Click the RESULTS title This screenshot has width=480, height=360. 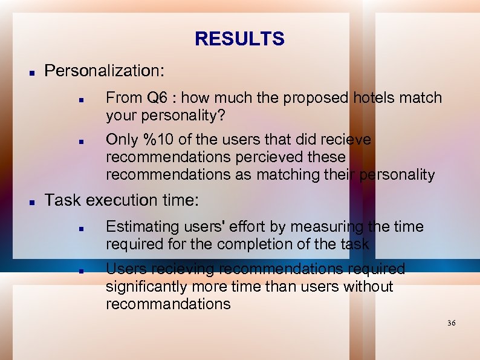click(x=239, y=39)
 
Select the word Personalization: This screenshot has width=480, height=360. click(x=104, y=71)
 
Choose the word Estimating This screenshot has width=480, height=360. click(x=143, y=226)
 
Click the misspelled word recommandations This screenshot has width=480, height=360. click(x=168, y=304)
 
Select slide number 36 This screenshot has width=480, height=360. click(x=451, y=324)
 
